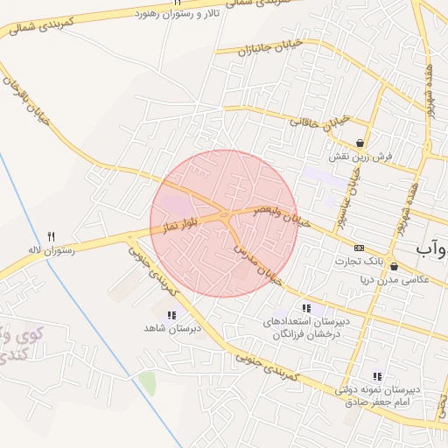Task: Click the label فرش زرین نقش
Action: (359, 157)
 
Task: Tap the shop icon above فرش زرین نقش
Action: (360, 143)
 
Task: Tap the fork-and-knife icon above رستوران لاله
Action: (51, 237)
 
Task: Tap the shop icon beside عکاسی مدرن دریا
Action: (394, 266)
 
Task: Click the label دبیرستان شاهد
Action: (173, 328)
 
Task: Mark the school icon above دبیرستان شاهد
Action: (171, 314)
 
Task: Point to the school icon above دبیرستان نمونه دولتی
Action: (377, 376)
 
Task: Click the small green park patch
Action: (147, 382)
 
